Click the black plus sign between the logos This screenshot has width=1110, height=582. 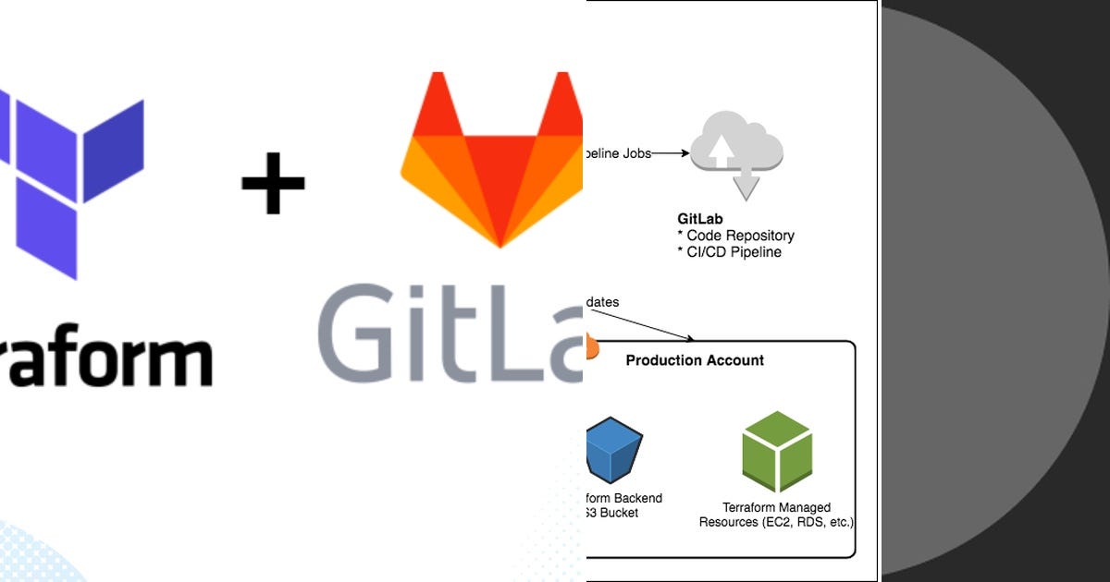(273, 182)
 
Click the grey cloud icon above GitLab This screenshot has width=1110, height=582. (737, 153)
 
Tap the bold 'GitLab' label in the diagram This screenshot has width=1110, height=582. (700, 220)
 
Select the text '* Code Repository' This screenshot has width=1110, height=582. (735, 236)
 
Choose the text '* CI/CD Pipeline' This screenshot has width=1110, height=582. (729, 252)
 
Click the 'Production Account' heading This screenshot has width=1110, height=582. (695, 360)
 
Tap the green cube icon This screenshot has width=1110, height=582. (777, 451)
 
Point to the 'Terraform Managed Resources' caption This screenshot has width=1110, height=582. (776, 515)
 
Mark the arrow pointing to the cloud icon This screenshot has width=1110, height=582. (671, 153)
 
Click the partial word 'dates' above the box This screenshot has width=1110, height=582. (603, 302)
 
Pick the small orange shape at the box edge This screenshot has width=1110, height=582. (593, 347)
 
